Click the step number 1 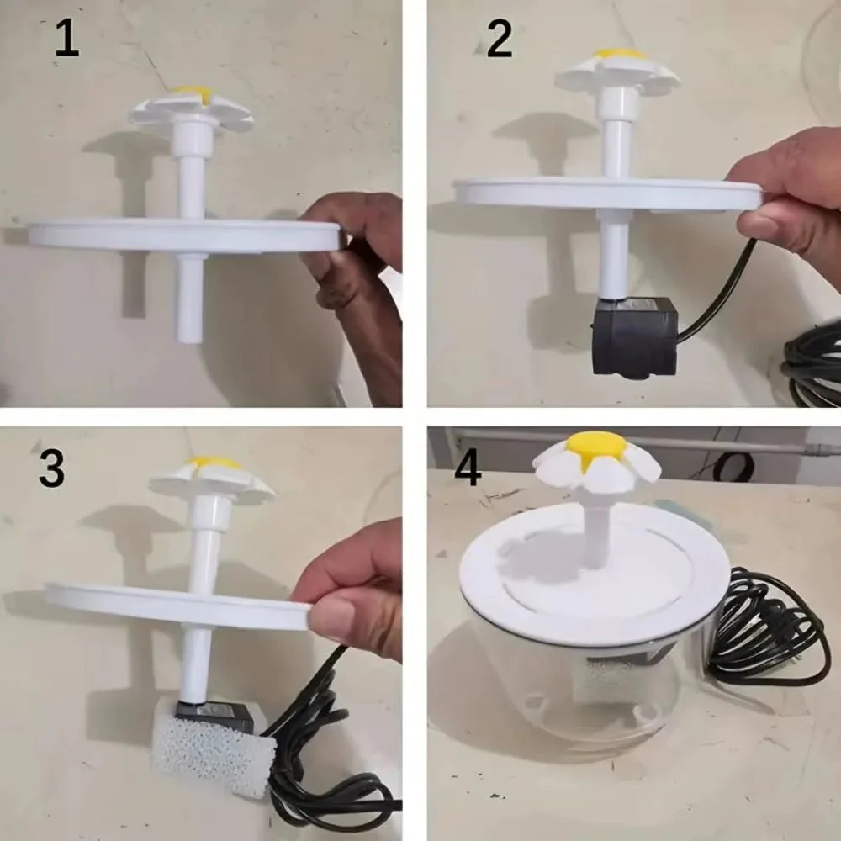click(66, 40)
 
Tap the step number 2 click(499, 40)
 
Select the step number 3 click(51, 469)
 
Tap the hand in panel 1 click(357, 278)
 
